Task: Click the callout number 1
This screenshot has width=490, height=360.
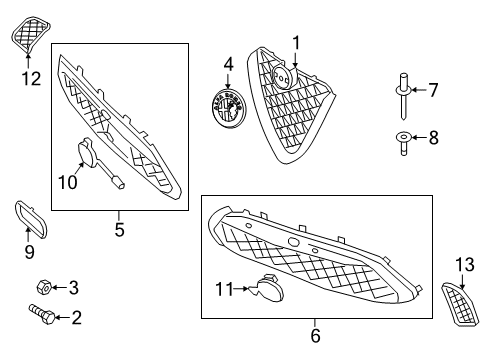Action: (296, 42)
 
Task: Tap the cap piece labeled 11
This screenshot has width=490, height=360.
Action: (269, 290)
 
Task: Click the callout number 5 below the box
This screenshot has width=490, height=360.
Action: (118, 229)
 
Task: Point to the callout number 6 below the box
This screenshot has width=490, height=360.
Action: (316, 336)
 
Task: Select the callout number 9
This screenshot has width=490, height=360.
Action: (29, 252)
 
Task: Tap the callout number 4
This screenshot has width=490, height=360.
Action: (228, 64)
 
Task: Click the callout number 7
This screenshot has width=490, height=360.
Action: (433, 90)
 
